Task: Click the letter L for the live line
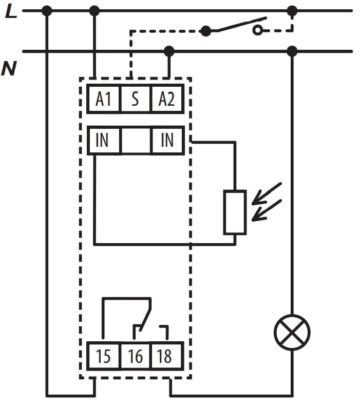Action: pyautogui.click(x=11, y=11)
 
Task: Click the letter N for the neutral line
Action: pyautogui.click(x=9, y=68)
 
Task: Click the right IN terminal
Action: pyautogui.click(x=167, y=140)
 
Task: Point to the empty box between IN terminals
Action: pyautogui.click(x=136, y=140)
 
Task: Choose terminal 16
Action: pyautogui.click(x=135, y=356)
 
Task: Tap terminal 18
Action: pyautogui.click(x=166, y=356)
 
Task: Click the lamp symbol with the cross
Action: pyautogui.click(x=292, y=333)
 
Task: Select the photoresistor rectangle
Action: pyautogui.click(x=235, y=212)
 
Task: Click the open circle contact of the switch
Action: pyautogui.click(x=257, y=31)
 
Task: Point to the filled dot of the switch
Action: pyautogui.click(x=206, y=31)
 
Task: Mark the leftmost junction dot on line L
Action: pyautogui.click(x=47, y=10)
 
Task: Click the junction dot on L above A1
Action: pyautogui.click(x=94, y=10)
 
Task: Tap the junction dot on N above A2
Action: pyautogui.click(x=168, y=51)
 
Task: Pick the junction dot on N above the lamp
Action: pyautogui.click(x=292, y=51)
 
